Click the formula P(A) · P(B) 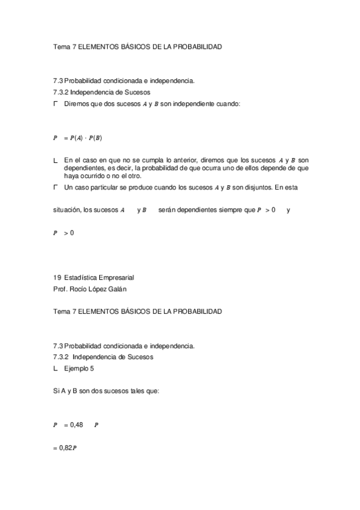86,138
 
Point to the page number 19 57,278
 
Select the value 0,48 76,425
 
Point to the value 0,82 62,447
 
